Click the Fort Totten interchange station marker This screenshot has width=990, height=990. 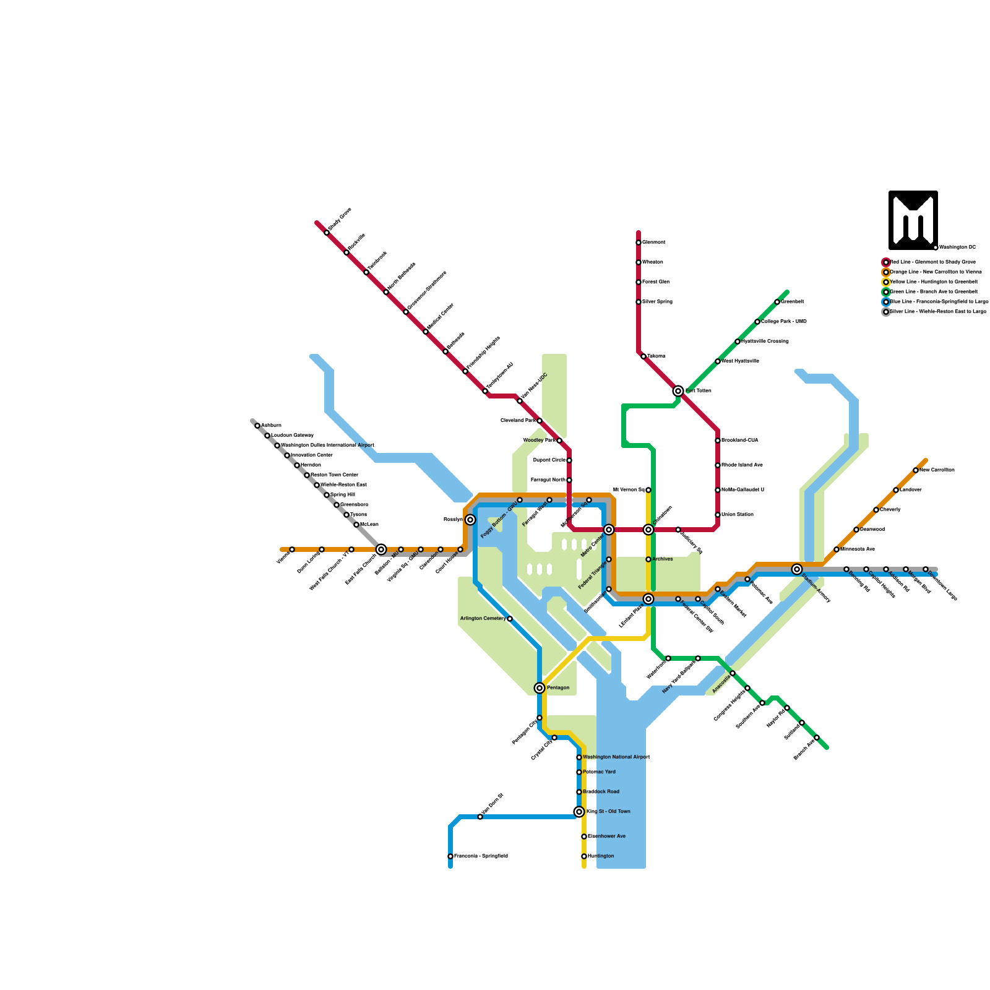coord(678,391)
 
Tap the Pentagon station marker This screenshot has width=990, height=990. coord(540,688)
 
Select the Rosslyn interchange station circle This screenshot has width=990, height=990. coord(470,520)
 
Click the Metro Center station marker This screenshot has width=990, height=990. coord(609,530)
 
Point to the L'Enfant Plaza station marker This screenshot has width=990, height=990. coord(648,599)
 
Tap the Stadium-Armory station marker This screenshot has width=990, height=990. coord(797,569)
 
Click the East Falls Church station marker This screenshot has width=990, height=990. coord(381,549)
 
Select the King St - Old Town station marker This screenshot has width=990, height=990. coord(579,812)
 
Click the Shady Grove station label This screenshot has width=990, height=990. coord(340,220)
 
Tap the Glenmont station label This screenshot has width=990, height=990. coord(654,243)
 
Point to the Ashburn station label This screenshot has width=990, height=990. coord(271,426)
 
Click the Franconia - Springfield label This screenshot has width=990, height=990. coord(481,856)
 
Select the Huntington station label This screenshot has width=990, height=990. coord(601,856)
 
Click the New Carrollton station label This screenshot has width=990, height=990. coord(937,470)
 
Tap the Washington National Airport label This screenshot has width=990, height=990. coord(616,757)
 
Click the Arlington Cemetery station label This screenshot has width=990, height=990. coord(483,619)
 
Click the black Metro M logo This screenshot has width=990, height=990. coord(913,220)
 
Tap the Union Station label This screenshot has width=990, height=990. coord(738,515)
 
